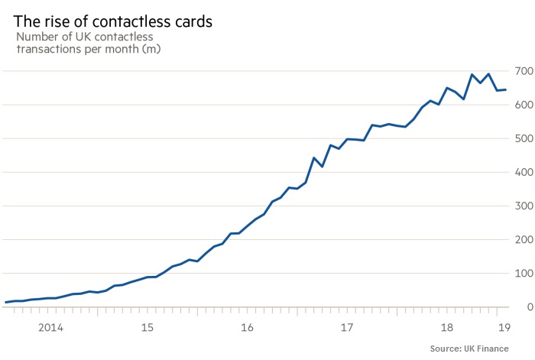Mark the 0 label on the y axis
tap(527, 306)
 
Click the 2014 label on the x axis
tap(50, 328)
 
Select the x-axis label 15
tap(148, 328)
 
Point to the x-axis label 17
tap(347, 328)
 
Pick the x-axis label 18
tap(447, 328)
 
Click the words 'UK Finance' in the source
tap(504, 349)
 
